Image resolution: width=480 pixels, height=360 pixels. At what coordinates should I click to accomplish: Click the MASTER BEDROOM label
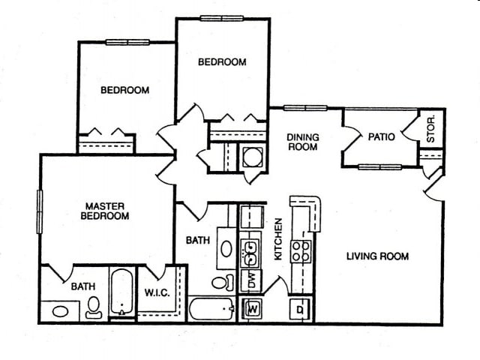[x=106, y=211]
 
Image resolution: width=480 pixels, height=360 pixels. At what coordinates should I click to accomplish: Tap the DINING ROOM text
[x=304, y=142]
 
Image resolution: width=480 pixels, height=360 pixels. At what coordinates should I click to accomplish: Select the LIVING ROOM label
[x=377, y=256]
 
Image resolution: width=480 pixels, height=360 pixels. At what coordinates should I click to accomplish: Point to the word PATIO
[x=381, y=137]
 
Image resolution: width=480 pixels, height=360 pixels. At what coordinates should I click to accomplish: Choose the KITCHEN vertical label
[x=278, y=239]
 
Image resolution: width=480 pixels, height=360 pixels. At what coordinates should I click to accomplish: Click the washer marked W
[x=253, y=307]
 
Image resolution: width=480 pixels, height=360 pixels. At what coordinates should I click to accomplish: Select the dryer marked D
[x=299, y=308]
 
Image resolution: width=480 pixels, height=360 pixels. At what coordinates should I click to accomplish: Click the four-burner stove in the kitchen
[x=301, y=250]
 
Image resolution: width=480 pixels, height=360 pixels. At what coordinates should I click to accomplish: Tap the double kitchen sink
[x=250, y=251]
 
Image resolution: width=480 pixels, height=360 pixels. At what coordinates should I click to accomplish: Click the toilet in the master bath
[x=94, y=306]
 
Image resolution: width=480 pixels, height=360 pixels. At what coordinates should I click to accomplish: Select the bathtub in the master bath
[x=121, y=293]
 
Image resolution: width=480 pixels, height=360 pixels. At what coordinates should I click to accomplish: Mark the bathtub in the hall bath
[x=211, y=309]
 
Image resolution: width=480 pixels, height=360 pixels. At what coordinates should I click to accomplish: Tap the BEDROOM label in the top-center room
[x=222, y=62]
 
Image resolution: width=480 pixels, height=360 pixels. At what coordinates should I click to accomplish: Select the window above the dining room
[x=304, y=108]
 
